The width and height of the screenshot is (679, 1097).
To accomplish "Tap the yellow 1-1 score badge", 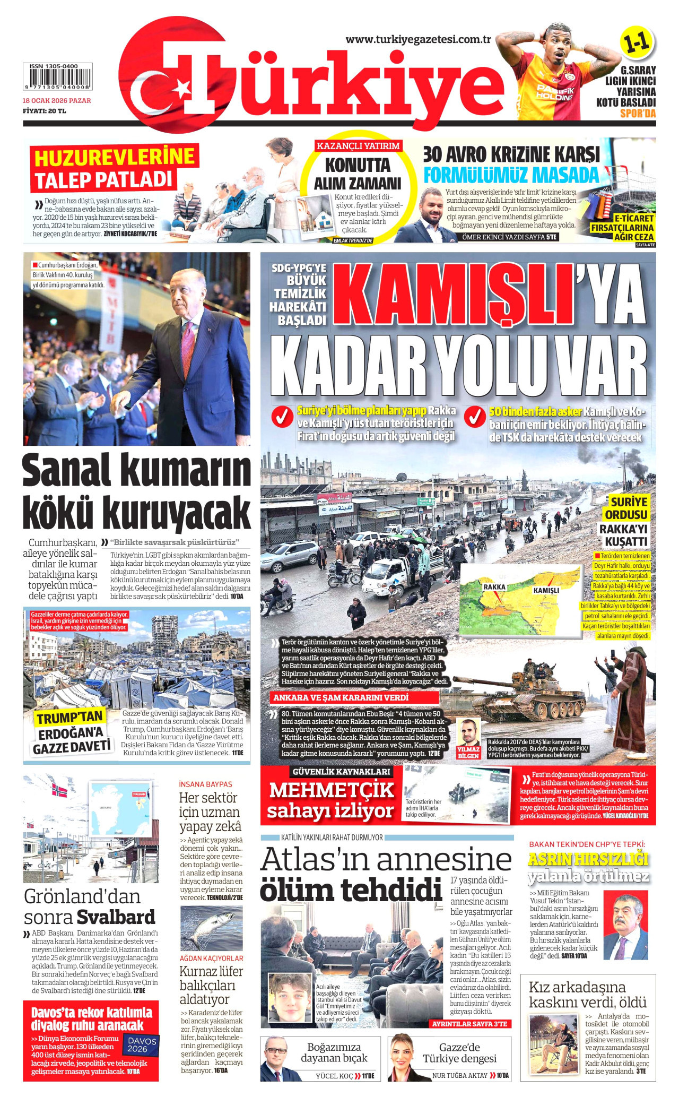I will pyautogui.click(x=637, y=44).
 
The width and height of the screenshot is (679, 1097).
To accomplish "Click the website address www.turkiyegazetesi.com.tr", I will pyautogui.click(x=418, y=40).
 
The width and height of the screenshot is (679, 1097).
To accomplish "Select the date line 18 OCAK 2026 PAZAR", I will pyautogui.click(x=57, y=101).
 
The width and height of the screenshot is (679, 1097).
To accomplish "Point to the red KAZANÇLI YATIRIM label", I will pyautogui.click(x=358, y=146).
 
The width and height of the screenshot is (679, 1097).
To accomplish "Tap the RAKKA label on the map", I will pyautogui.click(x=494, y=587).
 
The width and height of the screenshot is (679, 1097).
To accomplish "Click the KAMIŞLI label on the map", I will pyautogui.click(x=546, y=590).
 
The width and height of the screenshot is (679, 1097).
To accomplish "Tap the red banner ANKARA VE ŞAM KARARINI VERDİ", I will pyautogui.click(x=341, y=697).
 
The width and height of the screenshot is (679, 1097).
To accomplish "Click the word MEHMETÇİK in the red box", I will pyautogui.click(x=332, y=790).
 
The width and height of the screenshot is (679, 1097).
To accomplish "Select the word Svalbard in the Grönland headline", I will pyautogui.click(x=116, y=917).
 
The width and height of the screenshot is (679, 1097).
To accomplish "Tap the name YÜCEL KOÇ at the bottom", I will pyautogui.click(x=334, y=1076).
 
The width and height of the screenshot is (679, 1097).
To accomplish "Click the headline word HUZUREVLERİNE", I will pyautogui.click(x=115, y=158).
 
